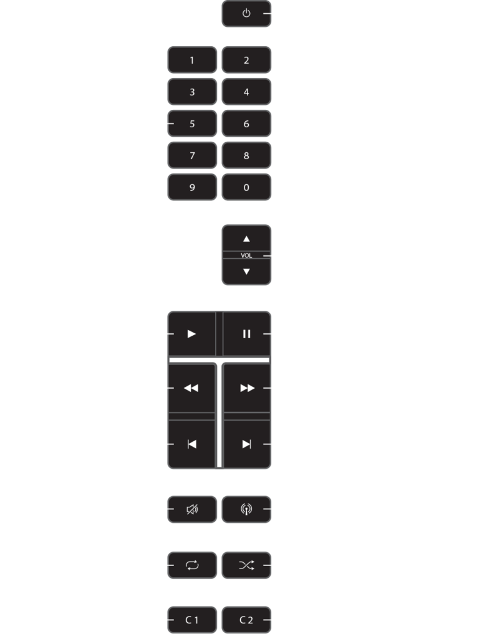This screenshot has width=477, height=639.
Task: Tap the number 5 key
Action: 192,124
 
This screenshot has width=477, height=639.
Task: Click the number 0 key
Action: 246,187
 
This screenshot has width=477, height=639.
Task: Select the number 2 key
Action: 246,61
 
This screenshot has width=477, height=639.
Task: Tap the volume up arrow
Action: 246,239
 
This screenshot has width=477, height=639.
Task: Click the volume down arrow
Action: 246,271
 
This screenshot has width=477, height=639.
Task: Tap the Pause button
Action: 247,334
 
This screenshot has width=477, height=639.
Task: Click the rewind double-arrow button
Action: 191,388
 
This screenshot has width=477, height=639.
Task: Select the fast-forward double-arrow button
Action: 247,388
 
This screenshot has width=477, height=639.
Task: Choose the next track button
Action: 247,444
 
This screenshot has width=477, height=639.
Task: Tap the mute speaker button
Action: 192,509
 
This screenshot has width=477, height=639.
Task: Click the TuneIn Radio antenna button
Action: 246,509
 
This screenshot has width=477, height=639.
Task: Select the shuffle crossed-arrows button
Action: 246,565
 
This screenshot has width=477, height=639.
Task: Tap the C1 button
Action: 192,620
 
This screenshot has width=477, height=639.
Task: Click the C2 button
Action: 246,620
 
